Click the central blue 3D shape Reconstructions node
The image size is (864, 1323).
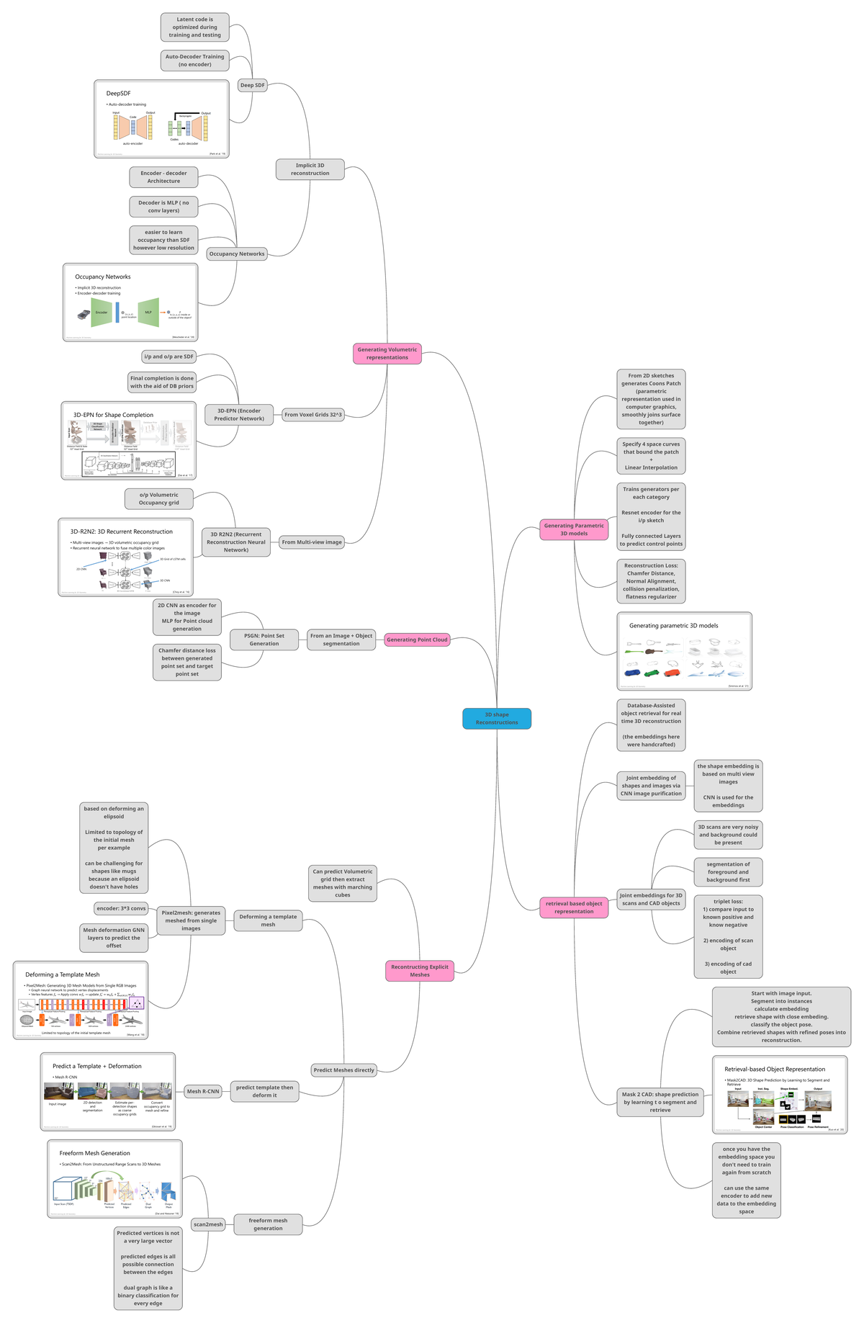pos(497,718)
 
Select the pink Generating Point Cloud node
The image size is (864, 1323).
pos(417,640)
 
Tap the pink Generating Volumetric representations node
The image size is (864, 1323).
pos(387,354)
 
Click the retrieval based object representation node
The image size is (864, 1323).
pos(574,907)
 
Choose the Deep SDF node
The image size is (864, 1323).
pos(253,85)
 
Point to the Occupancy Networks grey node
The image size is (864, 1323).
pos(237,254)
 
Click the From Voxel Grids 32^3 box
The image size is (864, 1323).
pos(313,415)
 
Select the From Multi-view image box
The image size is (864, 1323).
pos(312,542)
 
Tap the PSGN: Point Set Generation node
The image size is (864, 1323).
pos(264,640)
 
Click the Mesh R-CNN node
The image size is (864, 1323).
pos(203,1091)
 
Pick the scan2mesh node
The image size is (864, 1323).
pos(209,1224)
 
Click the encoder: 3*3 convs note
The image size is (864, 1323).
pos(121,908)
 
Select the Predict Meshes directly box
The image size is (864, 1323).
pos(344,1070)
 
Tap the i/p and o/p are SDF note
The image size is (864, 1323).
pos(168,356)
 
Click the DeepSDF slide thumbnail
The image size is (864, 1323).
pos(161,119)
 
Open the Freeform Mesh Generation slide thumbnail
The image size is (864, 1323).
pos(115,1179)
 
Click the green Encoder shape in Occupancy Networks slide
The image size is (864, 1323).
pos(102,313)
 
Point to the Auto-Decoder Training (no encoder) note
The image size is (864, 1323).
pos(194,60)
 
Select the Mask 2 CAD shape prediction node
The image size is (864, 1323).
pos(660,1102)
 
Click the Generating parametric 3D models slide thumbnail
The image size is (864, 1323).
pos(684,651)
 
